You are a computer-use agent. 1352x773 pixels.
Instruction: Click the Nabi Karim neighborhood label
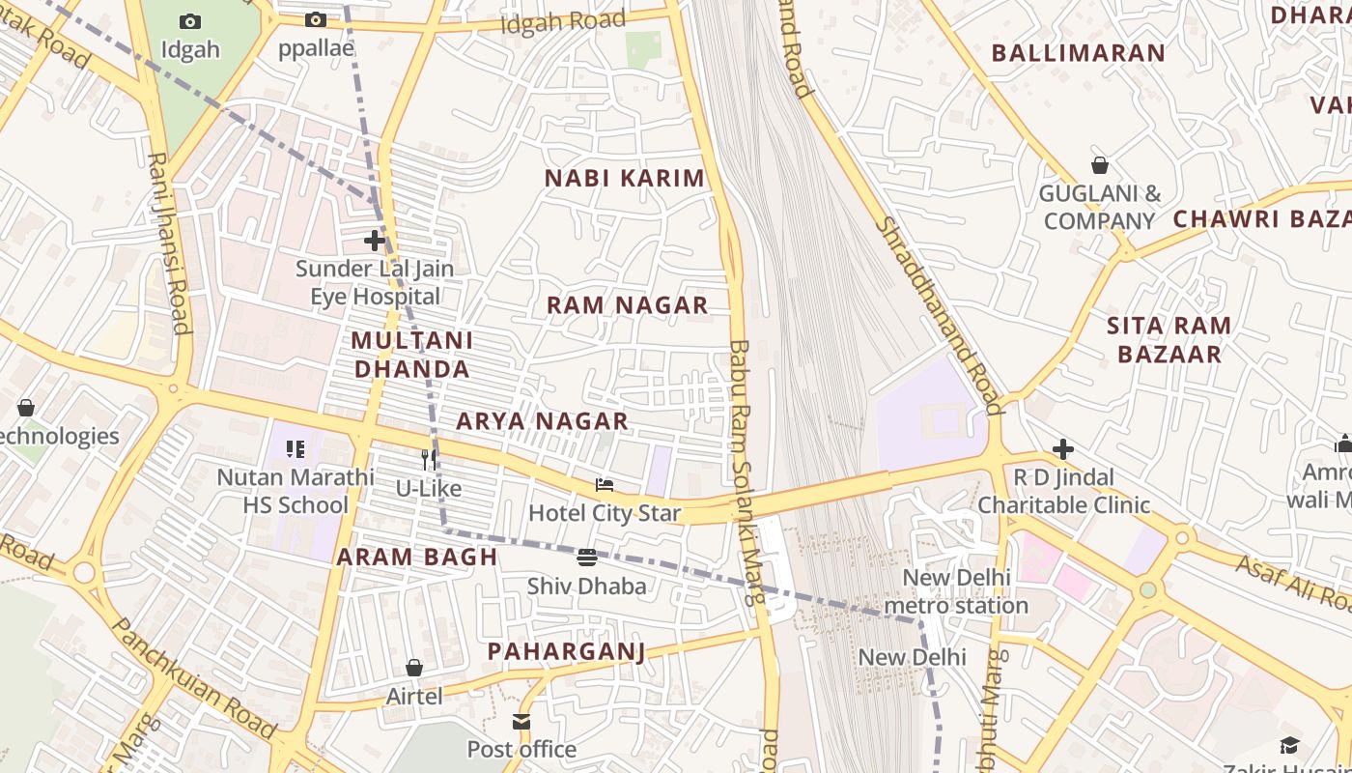pos(625,179)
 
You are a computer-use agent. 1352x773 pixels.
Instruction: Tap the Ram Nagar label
pos(627,305)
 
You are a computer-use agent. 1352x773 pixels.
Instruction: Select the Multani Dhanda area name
pos(412,355)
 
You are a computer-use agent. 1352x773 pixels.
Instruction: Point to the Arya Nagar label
pos(542,421)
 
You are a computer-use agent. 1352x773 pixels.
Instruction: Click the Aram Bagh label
pos(417,557)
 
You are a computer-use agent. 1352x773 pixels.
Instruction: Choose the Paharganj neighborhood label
pos(566,651)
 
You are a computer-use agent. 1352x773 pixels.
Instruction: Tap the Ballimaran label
pos(1079,53)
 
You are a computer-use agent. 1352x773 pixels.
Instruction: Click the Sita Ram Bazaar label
pos(1169,340)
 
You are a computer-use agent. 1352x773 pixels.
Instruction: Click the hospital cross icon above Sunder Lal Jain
pos(375,241)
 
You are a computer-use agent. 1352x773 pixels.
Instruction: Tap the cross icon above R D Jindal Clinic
pos(1063,449)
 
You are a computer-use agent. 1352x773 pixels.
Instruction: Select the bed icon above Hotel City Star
pos(605,485)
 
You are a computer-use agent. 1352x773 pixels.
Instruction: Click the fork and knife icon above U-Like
pos(429,460)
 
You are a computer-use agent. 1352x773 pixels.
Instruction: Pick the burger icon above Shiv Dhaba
pos(586,558)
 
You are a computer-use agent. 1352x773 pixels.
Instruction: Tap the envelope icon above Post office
pos(521,722)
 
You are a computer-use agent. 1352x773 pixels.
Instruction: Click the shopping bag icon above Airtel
pos(414,668)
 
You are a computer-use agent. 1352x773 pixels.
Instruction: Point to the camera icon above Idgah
pos(190,21)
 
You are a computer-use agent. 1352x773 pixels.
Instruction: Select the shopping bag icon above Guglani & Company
pos(1099,165)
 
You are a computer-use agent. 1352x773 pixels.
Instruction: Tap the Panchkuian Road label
pos(194,676)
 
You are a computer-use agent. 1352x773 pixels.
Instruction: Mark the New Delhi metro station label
pos(956,592)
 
